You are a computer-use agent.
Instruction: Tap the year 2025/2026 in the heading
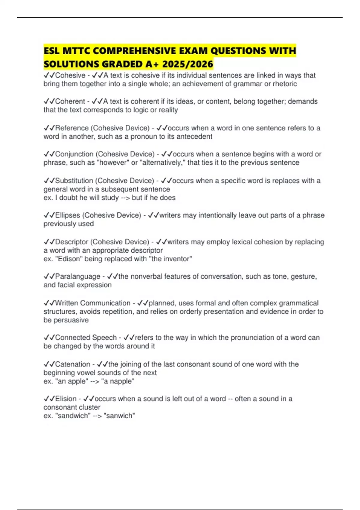[x=188, y=64]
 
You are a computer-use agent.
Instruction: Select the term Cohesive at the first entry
[x=70, y=75]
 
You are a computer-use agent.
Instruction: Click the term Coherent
[x=70, y=101]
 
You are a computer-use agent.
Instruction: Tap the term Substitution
[x=74, y=181]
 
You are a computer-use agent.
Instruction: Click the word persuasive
[x=71, y=320]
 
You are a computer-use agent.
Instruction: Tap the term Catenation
[x=73, y=364]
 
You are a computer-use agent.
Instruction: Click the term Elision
[x=66, y=399]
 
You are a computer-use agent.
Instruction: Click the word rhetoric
[x=285, y=84]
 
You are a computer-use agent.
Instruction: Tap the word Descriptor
[x=72, y=242]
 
